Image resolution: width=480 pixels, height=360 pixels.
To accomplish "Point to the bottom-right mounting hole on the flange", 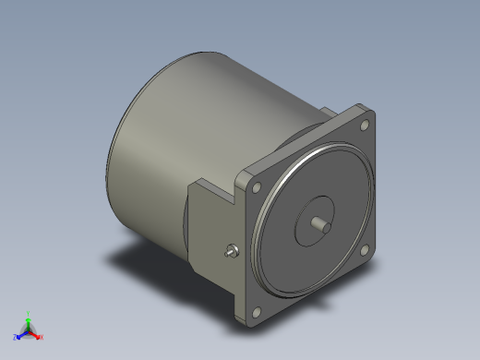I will tap(366, 247).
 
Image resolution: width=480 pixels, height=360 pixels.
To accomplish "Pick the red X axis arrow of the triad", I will tap(36, 334).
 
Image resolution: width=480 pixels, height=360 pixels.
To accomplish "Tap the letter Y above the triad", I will tap(29, 313).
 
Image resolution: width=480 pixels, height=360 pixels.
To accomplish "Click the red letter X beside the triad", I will tap(42, 337).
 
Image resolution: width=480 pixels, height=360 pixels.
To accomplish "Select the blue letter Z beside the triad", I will tap(16, 338).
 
